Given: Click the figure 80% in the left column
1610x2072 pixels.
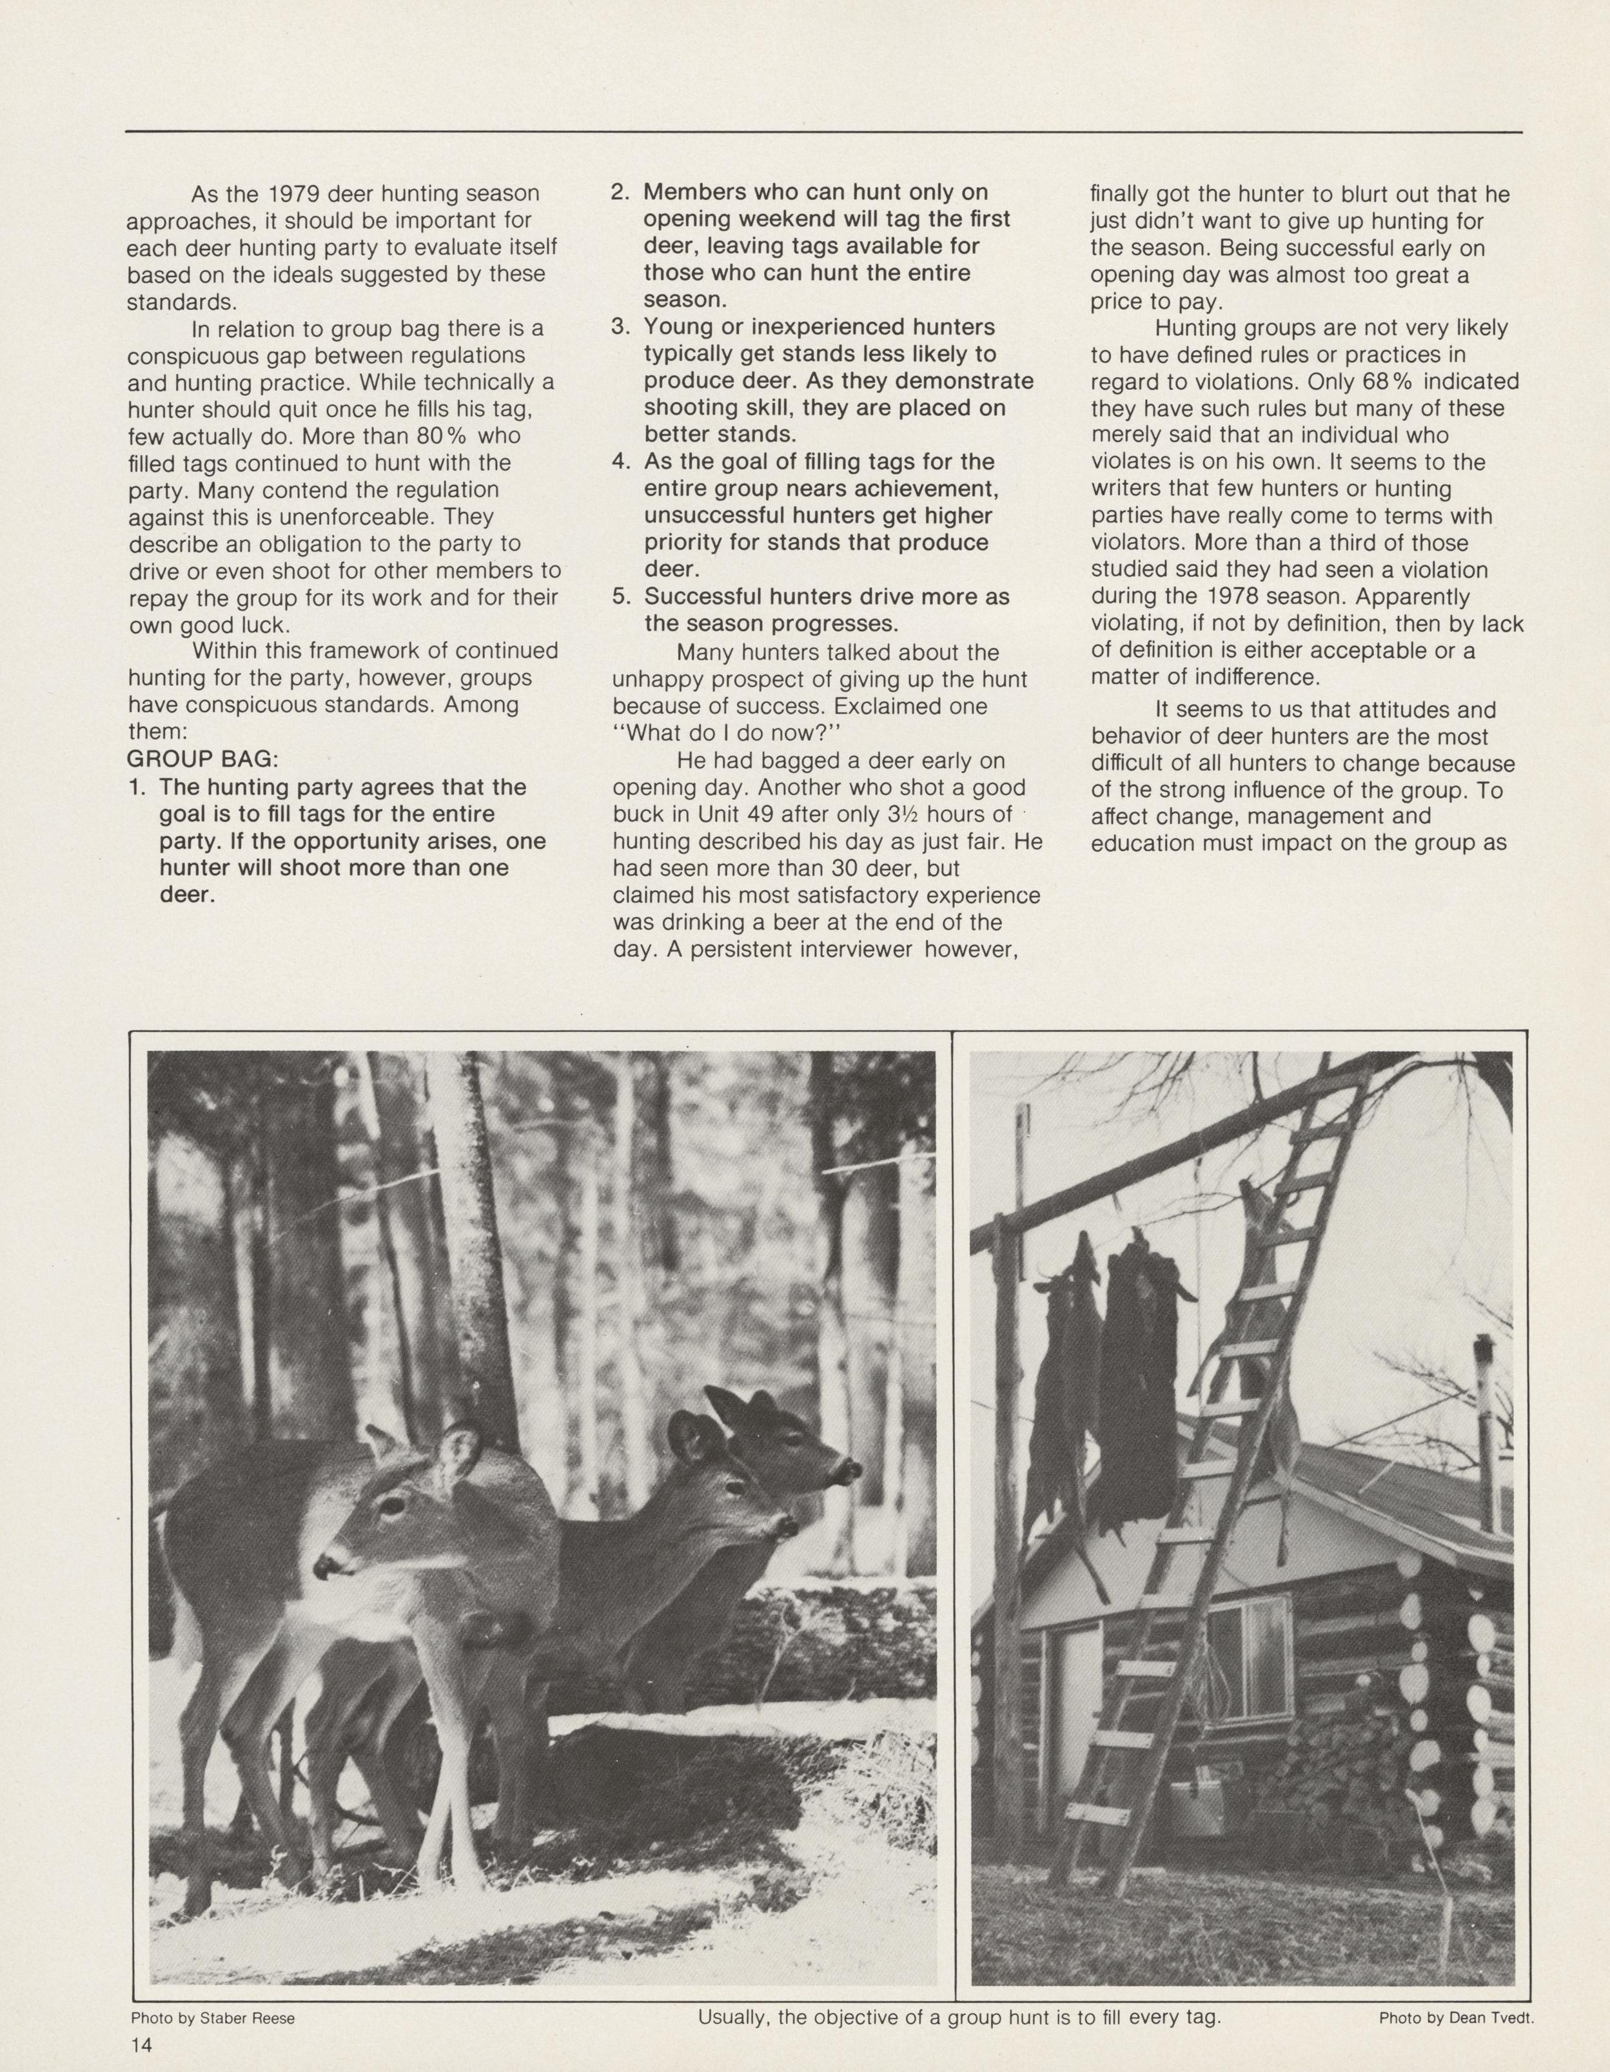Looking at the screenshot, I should tap(445, 436).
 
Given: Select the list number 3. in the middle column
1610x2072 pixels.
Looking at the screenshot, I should tap(620, 327).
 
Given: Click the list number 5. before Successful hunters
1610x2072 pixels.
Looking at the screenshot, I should tap(620, 598).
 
